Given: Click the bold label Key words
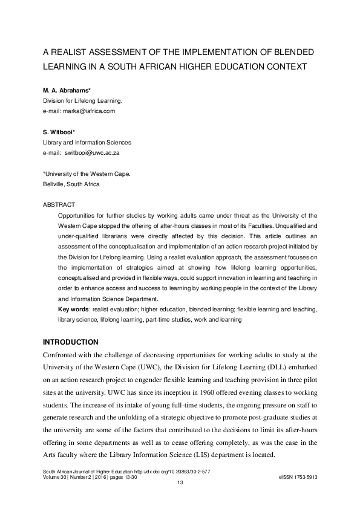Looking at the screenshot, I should pyautogui.click(x=71, y=309).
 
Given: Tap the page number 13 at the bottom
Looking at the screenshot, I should pyautogui.click(x=180, y=482).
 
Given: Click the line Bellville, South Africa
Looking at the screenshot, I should pyautogui.click(x=71, y=184).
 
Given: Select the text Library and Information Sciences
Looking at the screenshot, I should pyautogui.click(x=87, y=143).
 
